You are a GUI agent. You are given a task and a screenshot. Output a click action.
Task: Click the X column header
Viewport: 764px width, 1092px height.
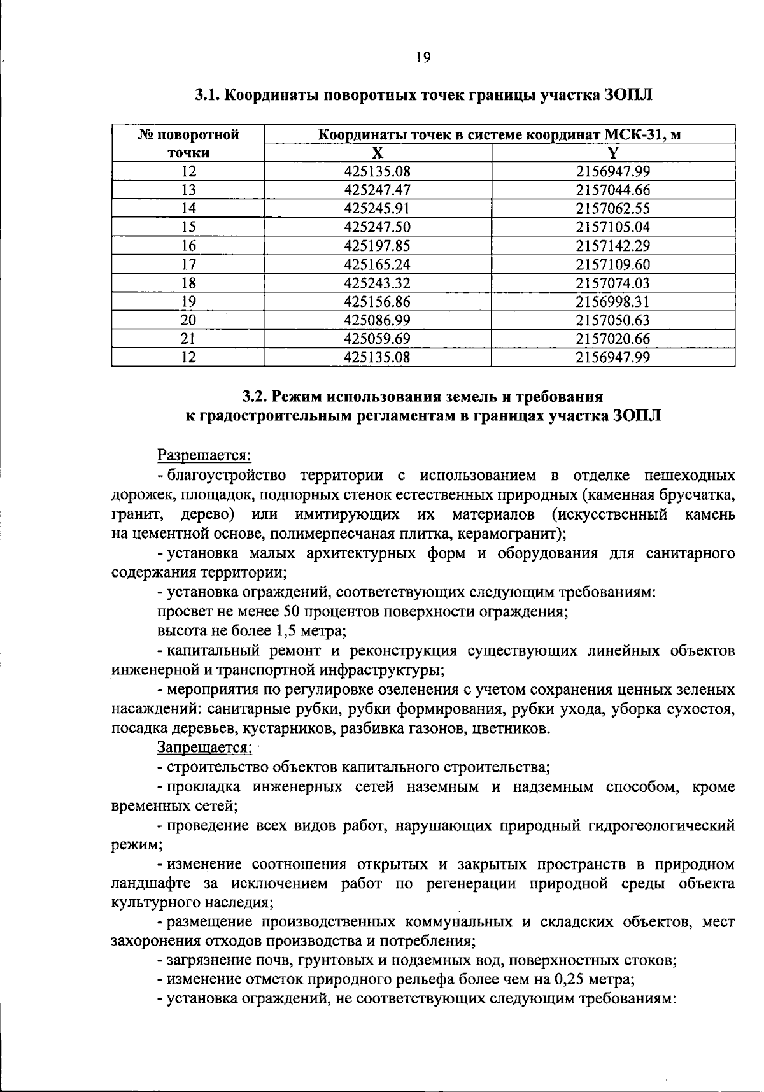[x=378, y=153]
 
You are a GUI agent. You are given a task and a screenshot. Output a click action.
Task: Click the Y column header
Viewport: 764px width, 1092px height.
[x=612, y=153]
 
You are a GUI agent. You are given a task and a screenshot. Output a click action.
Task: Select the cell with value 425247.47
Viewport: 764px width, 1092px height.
[x=378, y=190]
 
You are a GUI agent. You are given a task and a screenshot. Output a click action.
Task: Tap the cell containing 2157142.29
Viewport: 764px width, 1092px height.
[x=612, y=246]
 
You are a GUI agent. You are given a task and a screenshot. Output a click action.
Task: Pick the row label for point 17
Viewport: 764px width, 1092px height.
[x=188, y=264]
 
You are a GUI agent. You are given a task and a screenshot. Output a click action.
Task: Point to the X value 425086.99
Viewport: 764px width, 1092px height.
[x=378, y=320]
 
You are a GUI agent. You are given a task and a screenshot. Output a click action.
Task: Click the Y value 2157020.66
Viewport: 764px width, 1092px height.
[x=612, y=339]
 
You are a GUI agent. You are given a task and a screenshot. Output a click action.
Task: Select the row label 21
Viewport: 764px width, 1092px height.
[x=188, y=339]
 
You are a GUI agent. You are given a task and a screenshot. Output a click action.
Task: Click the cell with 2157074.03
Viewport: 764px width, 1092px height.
[x=612, y=283]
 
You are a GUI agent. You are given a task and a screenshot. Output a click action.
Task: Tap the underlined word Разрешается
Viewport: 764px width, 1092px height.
[x=204, y=455]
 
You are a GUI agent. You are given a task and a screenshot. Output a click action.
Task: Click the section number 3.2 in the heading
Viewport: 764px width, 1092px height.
[x=256, y=397]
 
